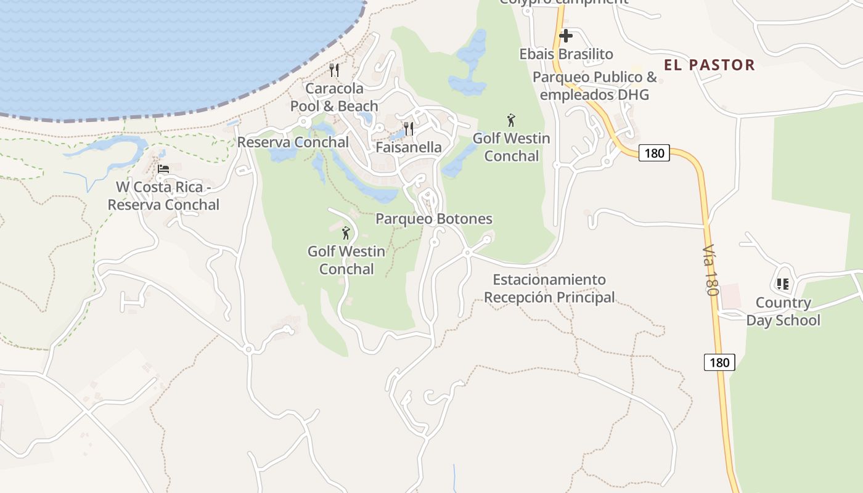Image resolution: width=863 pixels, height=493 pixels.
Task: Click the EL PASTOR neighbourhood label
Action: [709, 65]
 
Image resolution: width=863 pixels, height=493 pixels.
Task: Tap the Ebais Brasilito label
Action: [566, 54]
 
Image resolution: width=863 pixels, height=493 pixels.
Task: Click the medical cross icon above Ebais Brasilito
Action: [566, 36]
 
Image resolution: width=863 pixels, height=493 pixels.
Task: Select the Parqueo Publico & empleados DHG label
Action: [595, 86]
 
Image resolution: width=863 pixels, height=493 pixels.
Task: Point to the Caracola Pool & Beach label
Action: [334, 97]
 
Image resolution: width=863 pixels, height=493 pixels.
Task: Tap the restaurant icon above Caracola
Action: [334, 70]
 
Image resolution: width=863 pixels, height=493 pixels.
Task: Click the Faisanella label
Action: [409, 147]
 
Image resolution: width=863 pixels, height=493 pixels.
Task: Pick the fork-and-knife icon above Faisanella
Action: [408, 129]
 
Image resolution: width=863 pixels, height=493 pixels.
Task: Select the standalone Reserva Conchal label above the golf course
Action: [293, 142]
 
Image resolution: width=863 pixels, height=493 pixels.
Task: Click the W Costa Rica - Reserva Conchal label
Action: [163, 196]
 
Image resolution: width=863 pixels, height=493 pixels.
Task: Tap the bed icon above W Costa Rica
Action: [163, 169]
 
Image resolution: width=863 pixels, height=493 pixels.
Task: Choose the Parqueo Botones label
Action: [434, 219]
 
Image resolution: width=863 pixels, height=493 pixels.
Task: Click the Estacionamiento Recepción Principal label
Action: [549, 288]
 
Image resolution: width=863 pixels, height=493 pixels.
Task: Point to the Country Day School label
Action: [783, 311]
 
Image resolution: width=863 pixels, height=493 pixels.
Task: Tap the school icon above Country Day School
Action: [783, 284]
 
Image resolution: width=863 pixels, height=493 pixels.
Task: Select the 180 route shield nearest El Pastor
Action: [653, 153]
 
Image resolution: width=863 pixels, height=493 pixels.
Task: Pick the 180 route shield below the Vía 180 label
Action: [719, 362]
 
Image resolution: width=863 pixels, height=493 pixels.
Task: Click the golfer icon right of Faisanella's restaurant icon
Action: [510, 120]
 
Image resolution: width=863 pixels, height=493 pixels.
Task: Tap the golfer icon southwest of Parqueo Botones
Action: [346, 233]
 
